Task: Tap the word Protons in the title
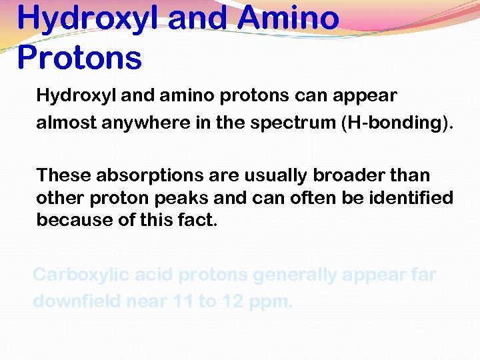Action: point(79,57)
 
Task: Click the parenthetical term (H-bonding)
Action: point(397,123)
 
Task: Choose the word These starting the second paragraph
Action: point(64,175)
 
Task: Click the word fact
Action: point(198,220)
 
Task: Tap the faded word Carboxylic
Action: point(81,275)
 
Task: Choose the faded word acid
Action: point(155,275)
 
